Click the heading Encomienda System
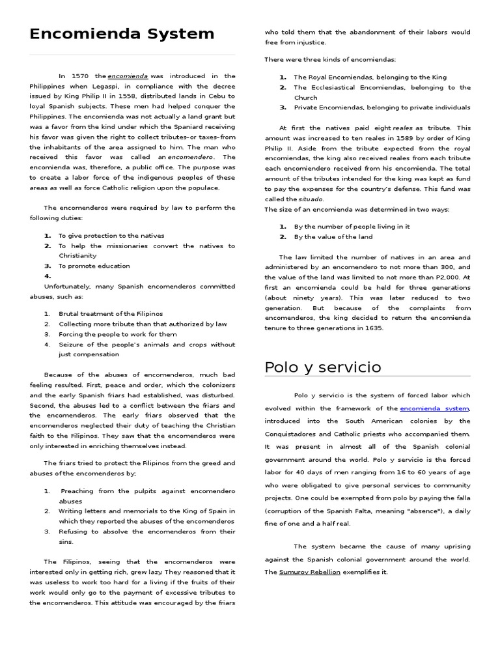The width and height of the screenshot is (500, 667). pyautogui.click(x=122, y=34)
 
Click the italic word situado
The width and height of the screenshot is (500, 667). pyautogui.click(x=311, y=199)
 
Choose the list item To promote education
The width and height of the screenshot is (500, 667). pyautogui.click(x=94, y=266)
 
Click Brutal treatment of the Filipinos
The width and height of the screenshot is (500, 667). pyautogui.click(x=111, y=314)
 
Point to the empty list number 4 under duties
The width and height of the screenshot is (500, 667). pyautogui.click(x=48, y=276)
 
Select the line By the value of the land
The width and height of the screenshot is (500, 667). pyautogui.click(x=333, y=237)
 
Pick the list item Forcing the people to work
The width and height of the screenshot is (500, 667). pyautogui.click(x=117, y=334)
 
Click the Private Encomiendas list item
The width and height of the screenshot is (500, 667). pyautogui.click(x=382, y=107)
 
